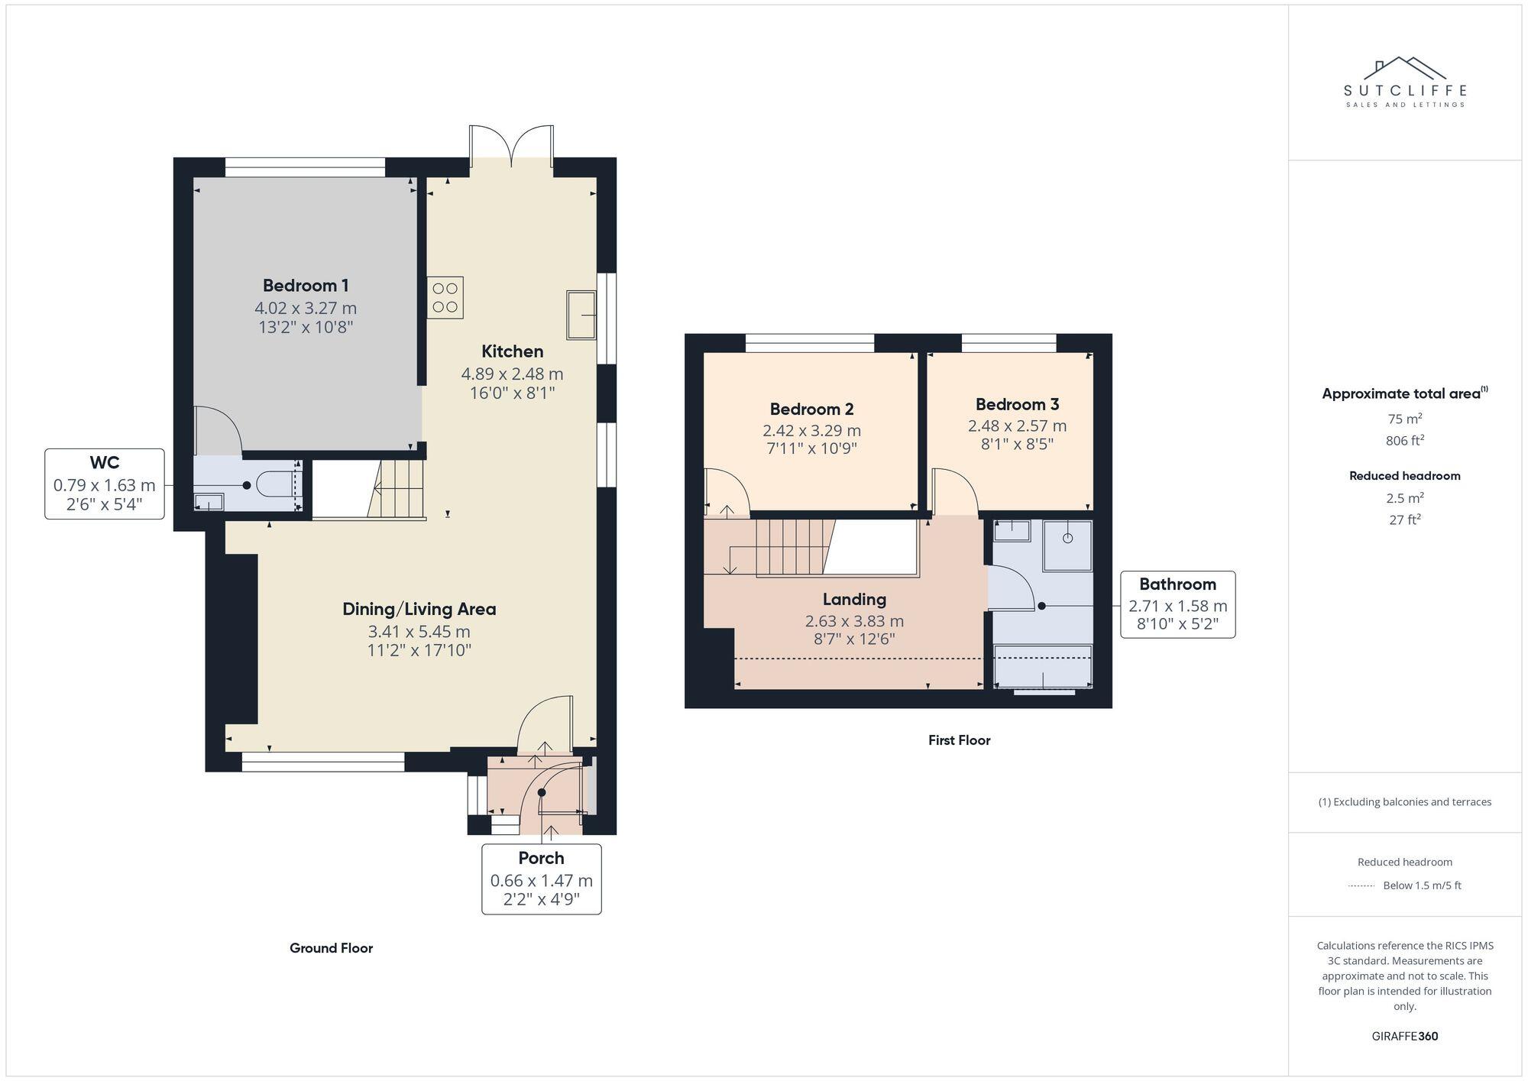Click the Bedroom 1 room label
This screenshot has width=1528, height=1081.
[306, 286]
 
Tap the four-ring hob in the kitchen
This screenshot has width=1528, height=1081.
[445, 297]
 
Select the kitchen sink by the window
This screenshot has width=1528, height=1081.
[581, 314]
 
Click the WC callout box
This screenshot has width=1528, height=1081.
[105, 484]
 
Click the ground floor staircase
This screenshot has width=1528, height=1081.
[397, 489]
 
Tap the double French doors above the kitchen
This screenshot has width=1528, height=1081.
[511, 146]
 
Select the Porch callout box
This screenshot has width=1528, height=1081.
[541, 879]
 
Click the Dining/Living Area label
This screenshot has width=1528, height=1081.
[419, 609]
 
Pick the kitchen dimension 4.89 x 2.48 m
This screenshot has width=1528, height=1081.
[512, 374]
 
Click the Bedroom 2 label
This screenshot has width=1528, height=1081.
[811, 409]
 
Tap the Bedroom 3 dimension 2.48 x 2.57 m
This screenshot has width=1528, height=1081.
[1017, 426]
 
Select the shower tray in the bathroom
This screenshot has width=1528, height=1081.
[1067, 545]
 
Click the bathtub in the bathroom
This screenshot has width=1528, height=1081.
[1043, 665]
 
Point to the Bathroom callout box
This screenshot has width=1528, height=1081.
[1177, 604]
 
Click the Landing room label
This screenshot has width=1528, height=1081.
[854, 599]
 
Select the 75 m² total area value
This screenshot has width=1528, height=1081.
[1404, 419]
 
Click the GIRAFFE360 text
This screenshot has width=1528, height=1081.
[1404, 1036]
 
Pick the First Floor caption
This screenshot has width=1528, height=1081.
[959, 740]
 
